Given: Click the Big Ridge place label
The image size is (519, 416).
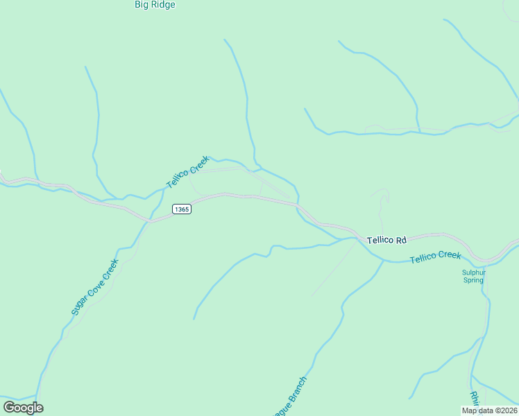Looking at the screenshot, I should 155,5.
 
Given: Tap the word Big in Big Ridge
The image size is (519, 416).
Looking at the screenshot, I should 142,5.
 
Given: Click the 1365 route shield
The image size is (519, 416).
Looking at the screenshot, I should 181,209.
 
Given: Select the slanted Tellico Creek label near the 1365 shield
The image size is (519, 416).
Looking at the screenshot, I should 187,172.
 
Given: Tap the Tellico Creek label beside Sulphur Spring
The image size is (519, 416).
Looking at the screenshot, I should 435,257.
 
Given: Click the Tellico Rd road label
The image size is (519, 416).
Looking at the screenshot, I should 386,240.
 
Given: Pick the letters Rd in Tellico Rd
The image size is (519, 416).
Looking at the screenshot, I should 400,240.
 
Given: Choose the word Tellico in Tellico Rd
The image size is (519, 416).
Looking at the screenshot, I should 380,240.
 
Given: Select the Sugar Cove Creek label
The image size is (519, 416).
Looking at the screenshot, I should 94,287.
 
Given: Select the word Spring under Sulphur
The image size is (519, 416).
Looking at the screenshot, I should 473,281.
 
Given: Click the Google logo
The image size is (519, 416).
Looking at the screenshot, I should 23,408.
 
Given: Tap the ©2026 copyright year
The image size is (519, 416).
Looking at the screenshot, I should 504,410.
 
